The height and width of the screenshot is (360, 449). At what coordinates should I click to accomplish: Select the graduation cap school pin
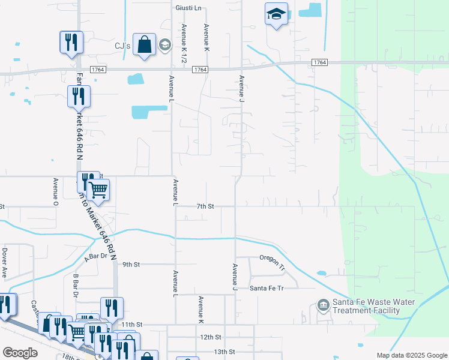(x=276, y=14)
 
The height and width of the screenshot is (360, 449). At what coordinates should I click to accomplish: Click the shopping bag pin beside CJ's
(x=145, y=45)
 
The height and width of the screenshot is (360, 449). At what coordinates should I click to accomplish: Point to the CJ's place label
(x=122, y=45)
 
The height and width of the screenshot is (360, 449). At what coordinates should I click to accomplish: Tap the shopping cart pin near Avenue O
(x=98, y=190)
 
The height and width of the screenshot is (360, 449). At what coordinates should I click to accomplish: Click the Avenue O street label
(x=55, y=191)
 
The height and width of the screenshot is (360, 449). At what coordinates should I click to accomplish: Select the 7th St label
(x=205, y=206)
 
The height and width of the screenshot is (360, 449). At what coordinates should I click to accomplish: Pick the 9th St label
(x=131, y=264)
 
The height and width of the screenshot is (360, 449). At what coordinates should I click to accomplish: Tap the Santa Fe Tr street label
(x=266, y=288)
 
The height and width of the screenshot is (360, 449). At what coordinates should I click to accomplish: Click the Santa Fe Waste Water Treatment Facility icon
(x=324, y=306)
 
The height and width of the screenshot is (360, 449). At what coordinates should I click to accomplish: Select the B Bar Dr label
(x=76, y=286)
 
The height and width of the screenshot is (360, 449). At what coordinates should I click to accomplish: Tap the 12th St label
(x=211, y=338)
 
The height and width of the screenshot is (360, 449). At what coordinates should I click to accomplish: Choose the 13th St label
(x=223, y=352)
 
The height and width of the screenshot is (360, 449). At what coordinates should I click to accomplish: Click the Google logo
(x=20, y=353)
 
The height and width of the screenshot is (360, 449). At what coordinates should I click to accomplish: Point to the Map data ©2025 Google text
(x=411, y=355)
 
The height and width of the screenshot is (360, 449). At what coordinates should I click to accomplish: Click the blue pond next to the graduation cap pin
(x=313, y=10)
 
